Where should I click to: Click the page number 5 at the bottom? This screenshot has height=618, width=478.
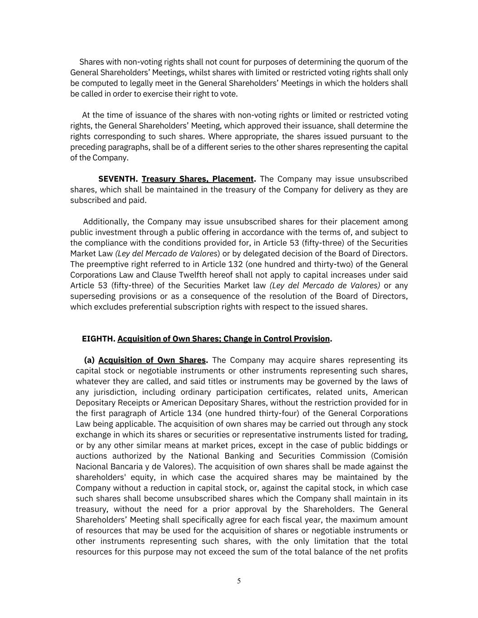(239, 581)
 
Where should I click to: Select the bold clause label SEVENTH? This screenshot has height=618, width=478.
(118, 179)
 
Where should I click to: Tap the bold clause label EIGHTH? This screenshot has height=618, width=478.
(98, 339)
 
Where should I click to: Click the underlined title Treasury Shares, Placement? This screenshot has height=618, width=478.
(198, 179)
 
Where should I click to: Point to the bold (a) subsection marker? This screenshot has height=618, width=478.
(89, 360)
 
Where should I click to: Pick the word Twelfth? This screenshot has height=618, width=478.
(192, 275)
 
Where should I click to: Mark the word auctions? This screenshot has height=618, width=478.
(91, 456)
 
